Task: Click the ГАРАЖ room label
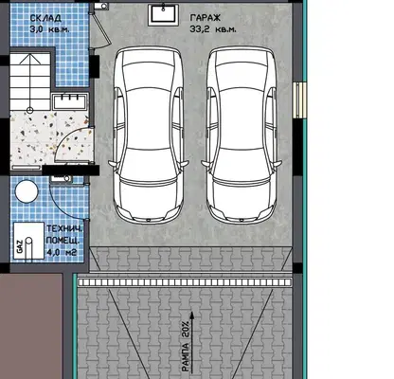tap(206, 18)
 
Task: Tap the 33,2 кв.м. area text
tap(212, 29)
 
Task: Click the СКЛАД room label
tap(45, 18)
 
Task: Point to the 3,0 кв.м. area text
tap(49, 29)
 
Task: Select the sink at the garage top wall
tap(163, 14)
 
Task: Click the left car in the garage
tap(149, 135)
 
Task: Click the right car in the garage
tap(242, 135)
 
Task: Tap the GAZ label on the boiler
tap(20, 246)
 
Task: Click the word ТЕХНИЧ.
tap(64, 228)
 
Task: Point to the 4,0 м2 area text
tap(62, 252)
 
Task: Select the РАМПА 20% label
tap(186, 346)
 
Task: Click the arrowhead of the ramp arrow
tap(191, 316)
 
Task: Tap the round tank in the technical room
tap(27, 191)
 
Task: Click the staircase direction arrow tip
tap(30, 55)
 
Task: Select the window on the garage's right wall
tap(299, 100)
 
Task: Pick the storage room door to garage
tap(100, 30)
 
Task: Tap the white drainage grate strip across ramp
tap(185, 282)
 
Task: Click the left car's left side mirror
tap(112, 164)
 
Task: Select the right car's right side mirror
tap(278, 164)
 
